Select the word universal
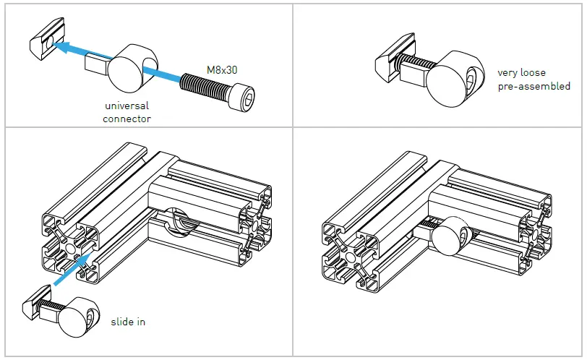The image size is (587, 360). [x=127, y=106]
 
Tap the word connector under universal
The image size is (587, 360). [x=127, y=119]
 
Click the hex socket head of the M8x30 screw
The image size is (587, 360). [x=244, y=96]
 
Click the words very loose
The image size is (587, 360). [x=521, y=73]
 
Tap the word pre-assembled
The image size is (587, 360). [x=534, y=86]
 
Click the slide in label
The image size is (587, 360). [x=127, y=321]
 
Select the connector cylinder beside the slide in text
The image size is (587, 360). [x=78, y=319]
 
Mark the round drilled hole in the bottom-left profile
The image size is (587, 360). [x=180, y=221]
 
